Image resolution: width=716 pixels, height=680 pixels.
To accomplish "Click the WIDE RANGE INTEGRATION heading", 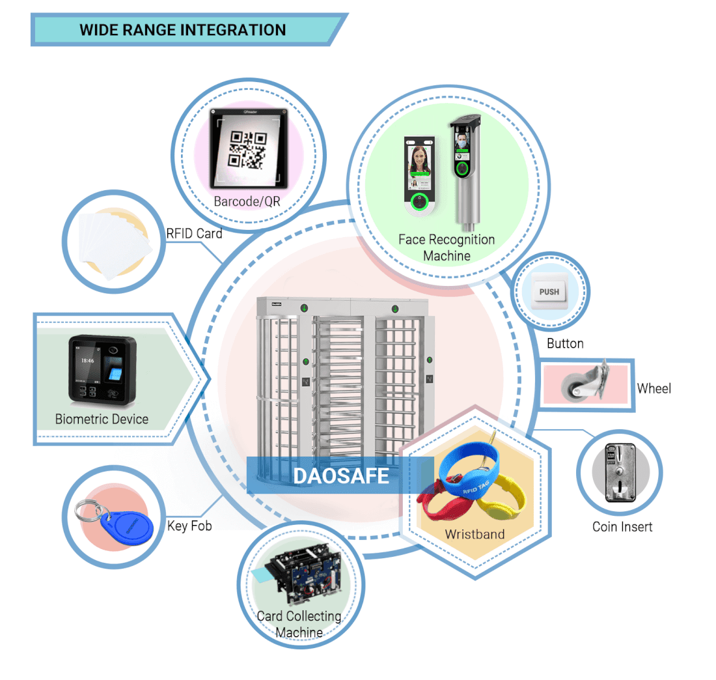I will click(182, 30).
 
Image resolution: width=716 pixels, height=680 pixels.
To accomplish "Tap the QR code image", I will click(247, 149).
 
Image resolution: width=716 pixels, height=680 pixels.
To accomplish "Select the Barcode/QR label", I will click(247, 201).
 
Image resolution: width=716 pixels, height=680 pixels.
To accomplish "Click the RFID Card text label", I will click(193, 233).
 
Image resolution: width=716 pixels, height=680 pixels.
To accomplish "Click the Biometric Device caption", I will click(102, 419).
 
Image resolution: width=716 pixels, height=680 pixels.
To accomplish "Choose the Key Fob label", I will click(189, 526).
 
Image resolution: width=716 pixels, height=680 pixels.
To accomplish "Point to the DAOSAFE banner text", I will click(340, 475).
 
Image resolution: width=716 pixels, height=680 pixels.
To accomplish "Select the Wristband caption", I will click(475, 534).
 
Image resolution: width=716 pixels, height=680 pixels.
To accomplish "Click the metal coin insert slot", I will click(619, 472).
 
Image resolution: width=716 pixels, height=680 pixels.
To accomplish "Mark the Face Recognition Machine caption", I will click(447, 248).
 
